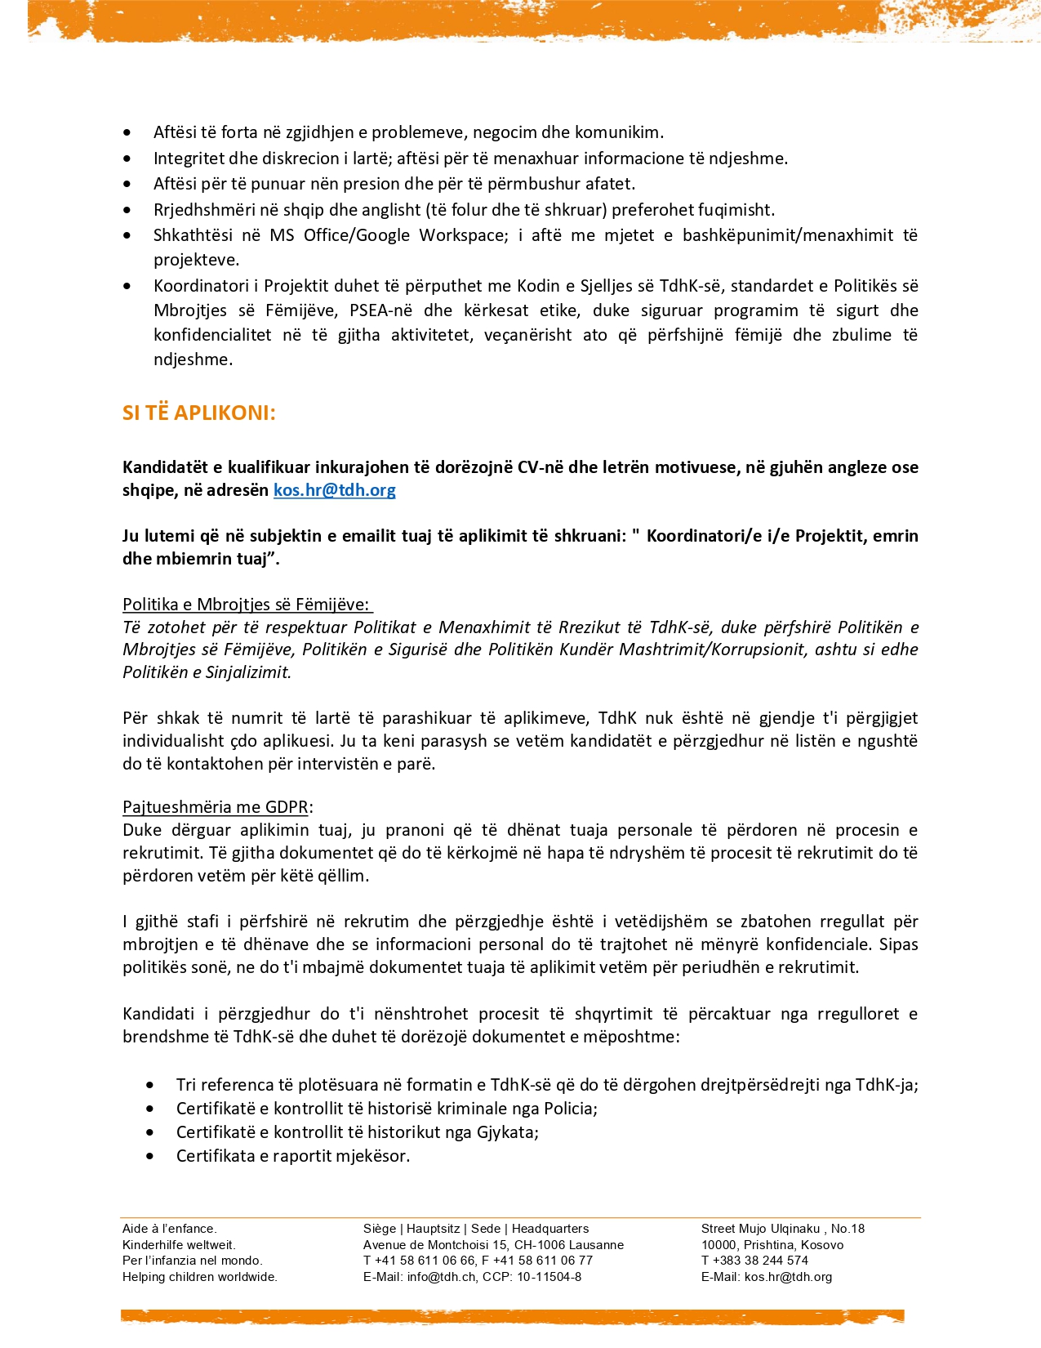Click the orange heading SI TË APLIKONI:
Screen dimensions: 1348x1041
coord(198,413)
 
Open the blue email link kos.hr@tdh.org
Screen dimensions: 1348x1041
coord(334,490)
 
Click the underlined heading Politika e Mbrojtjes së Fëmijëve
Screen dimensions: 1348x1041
coord(246,605)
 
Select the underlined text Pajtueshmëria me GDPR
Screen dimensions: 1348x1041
coord(216,807)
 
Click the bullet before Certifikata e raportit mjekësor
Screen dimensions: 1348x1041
coord(150,1156)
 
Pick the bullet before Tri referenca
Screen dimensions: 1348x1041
coord(150,1085)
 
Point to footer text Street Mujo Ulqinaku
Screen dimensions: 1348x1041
coord(760,1229)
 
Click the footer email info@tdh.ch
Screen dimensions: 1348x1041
coord(441,1277)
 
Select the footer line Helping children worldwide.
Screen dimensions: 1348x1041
coord(200,1277)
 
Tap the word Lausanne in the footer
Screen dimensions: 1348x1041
coord(593,1245)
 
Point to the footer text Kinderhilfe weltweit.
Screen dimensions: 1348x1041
coord(179,1245)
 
